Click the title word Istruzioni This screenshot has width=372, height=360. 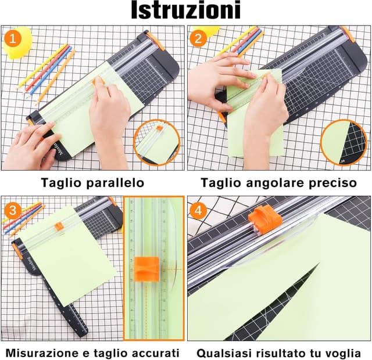tap(185, 12)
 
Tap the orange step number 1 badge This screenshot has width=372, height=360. tap(12, 39)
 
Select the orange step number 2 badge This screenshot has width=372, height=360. tap(199, 39)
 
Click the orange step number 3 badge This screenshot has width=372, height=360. tap(12, 210)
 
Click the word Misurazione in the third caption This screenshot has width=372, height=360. tap(40, 352)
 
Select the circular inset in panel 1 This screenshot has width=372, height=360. tap(157, 142)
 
